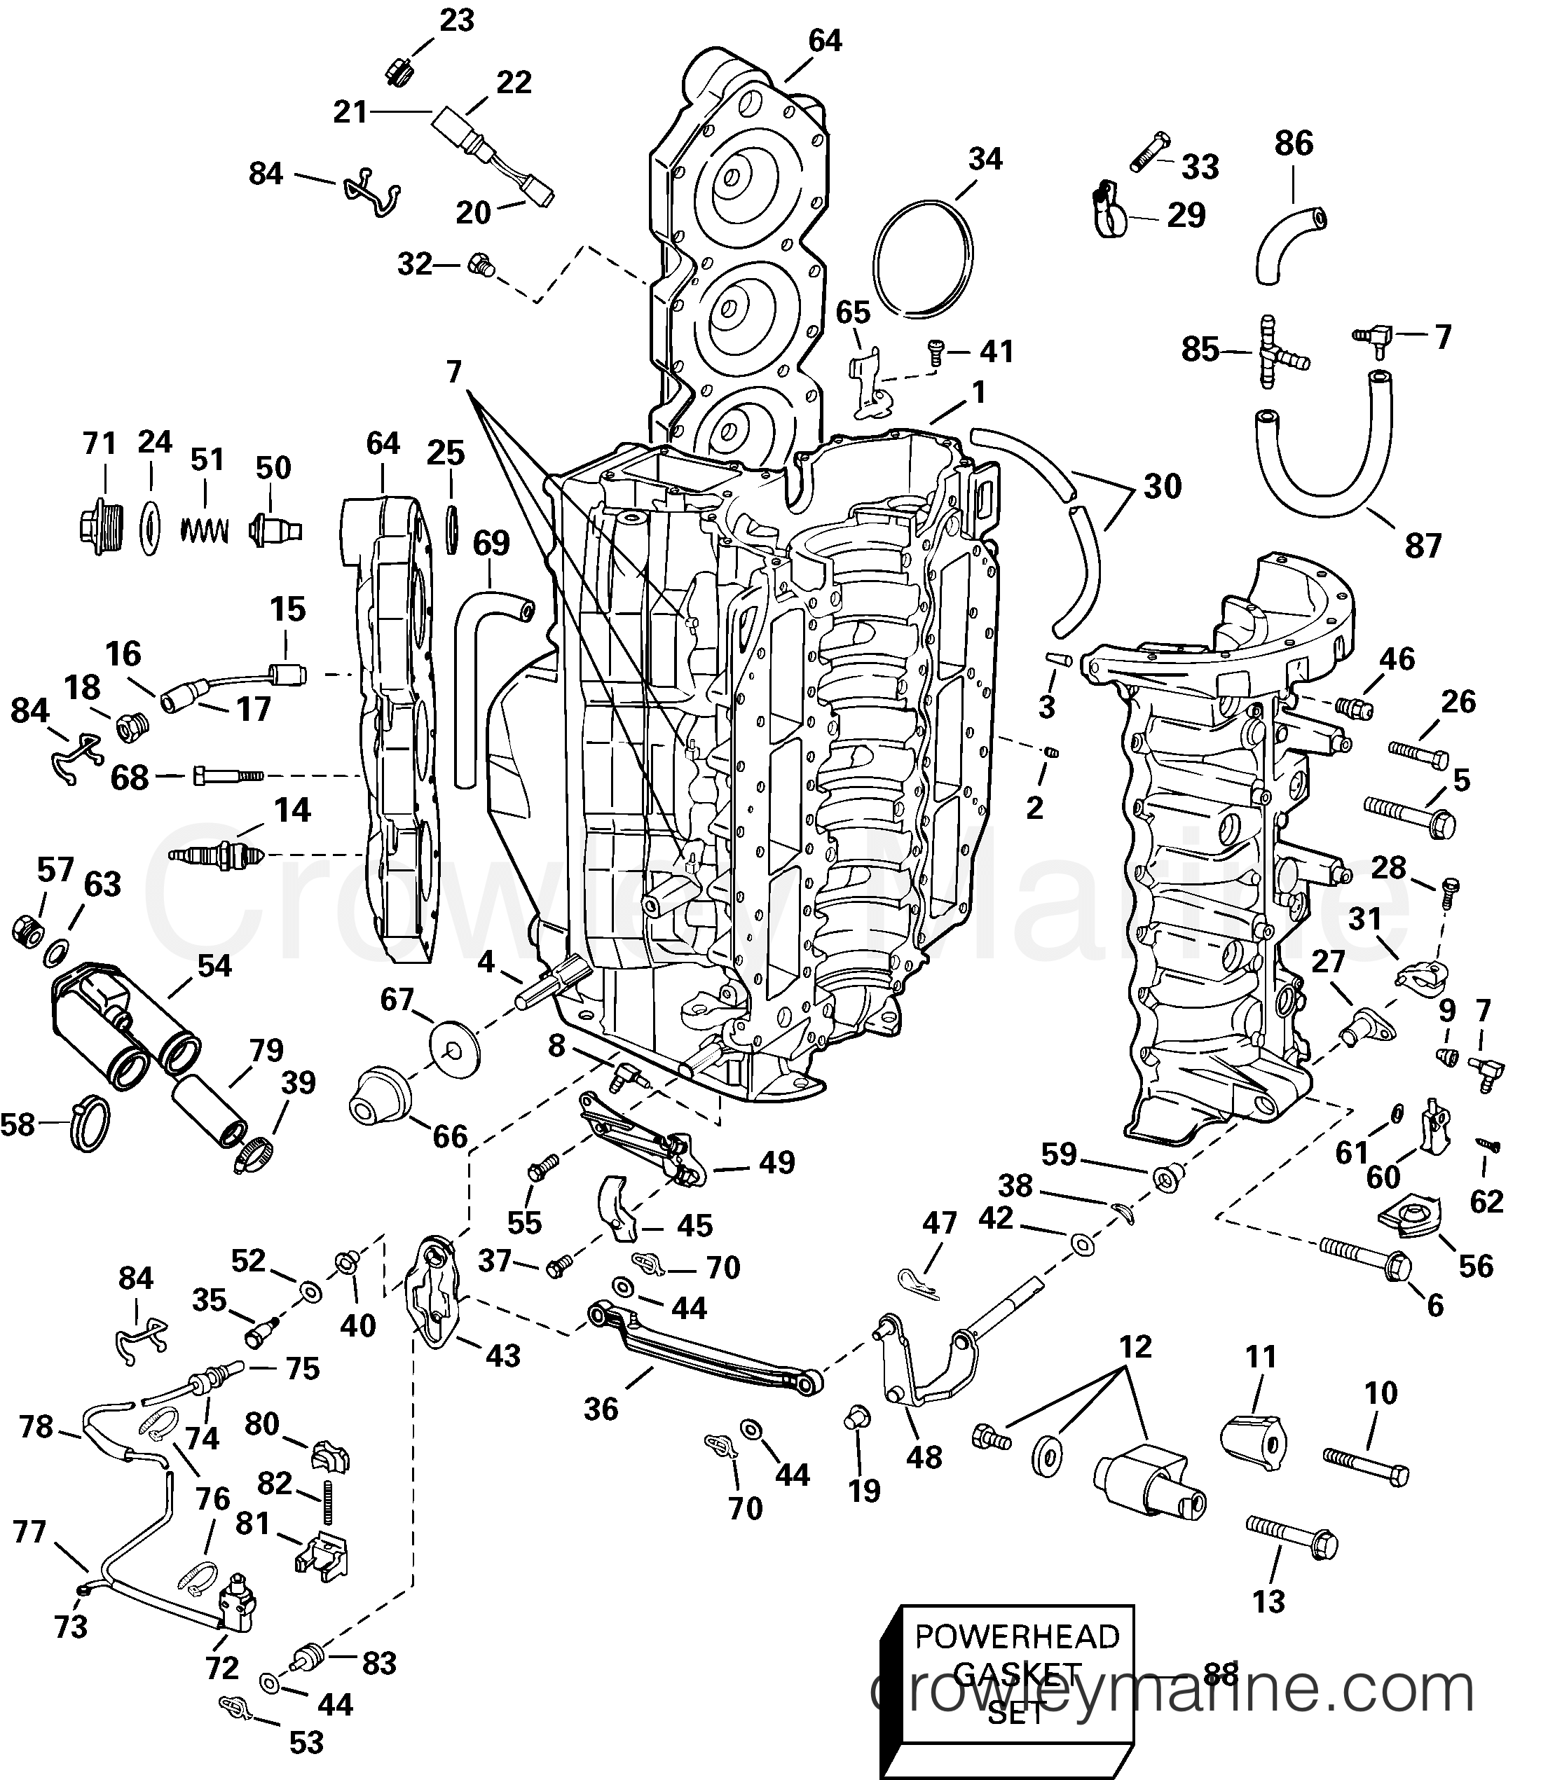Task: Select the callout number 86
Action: pos(1293,143)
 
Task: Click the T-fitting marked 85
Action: pos(1268,353)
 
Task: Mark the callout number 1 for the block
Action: pos(979,393)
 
